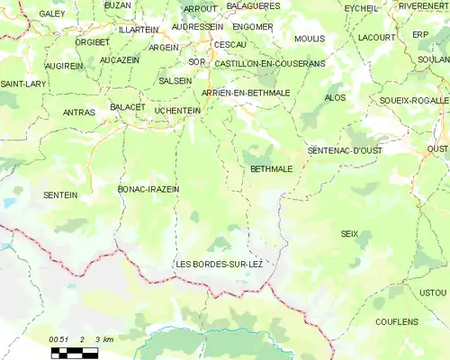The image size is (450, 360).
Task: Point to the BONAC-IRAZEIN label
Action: [148, 189]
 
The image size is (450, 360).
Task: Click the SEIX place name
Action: [349, 233]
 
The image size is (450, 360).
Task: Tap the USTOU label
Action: [433, 292]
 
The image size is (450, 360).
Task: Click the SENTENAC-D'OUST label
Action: [345, 150]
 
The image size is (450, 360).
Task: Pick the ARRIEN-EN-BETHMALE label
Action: [246, 93]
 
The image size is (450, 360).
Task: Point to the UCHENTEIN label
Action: [177, 110]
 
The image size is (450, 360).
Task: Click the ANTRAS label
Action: [79, 112]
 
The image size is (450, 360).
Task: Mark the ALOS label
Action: [334, 97]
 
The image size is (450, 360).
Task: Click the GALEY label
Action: [53, 14]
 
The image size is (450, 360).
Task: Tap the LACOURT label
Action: [376, 38]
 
